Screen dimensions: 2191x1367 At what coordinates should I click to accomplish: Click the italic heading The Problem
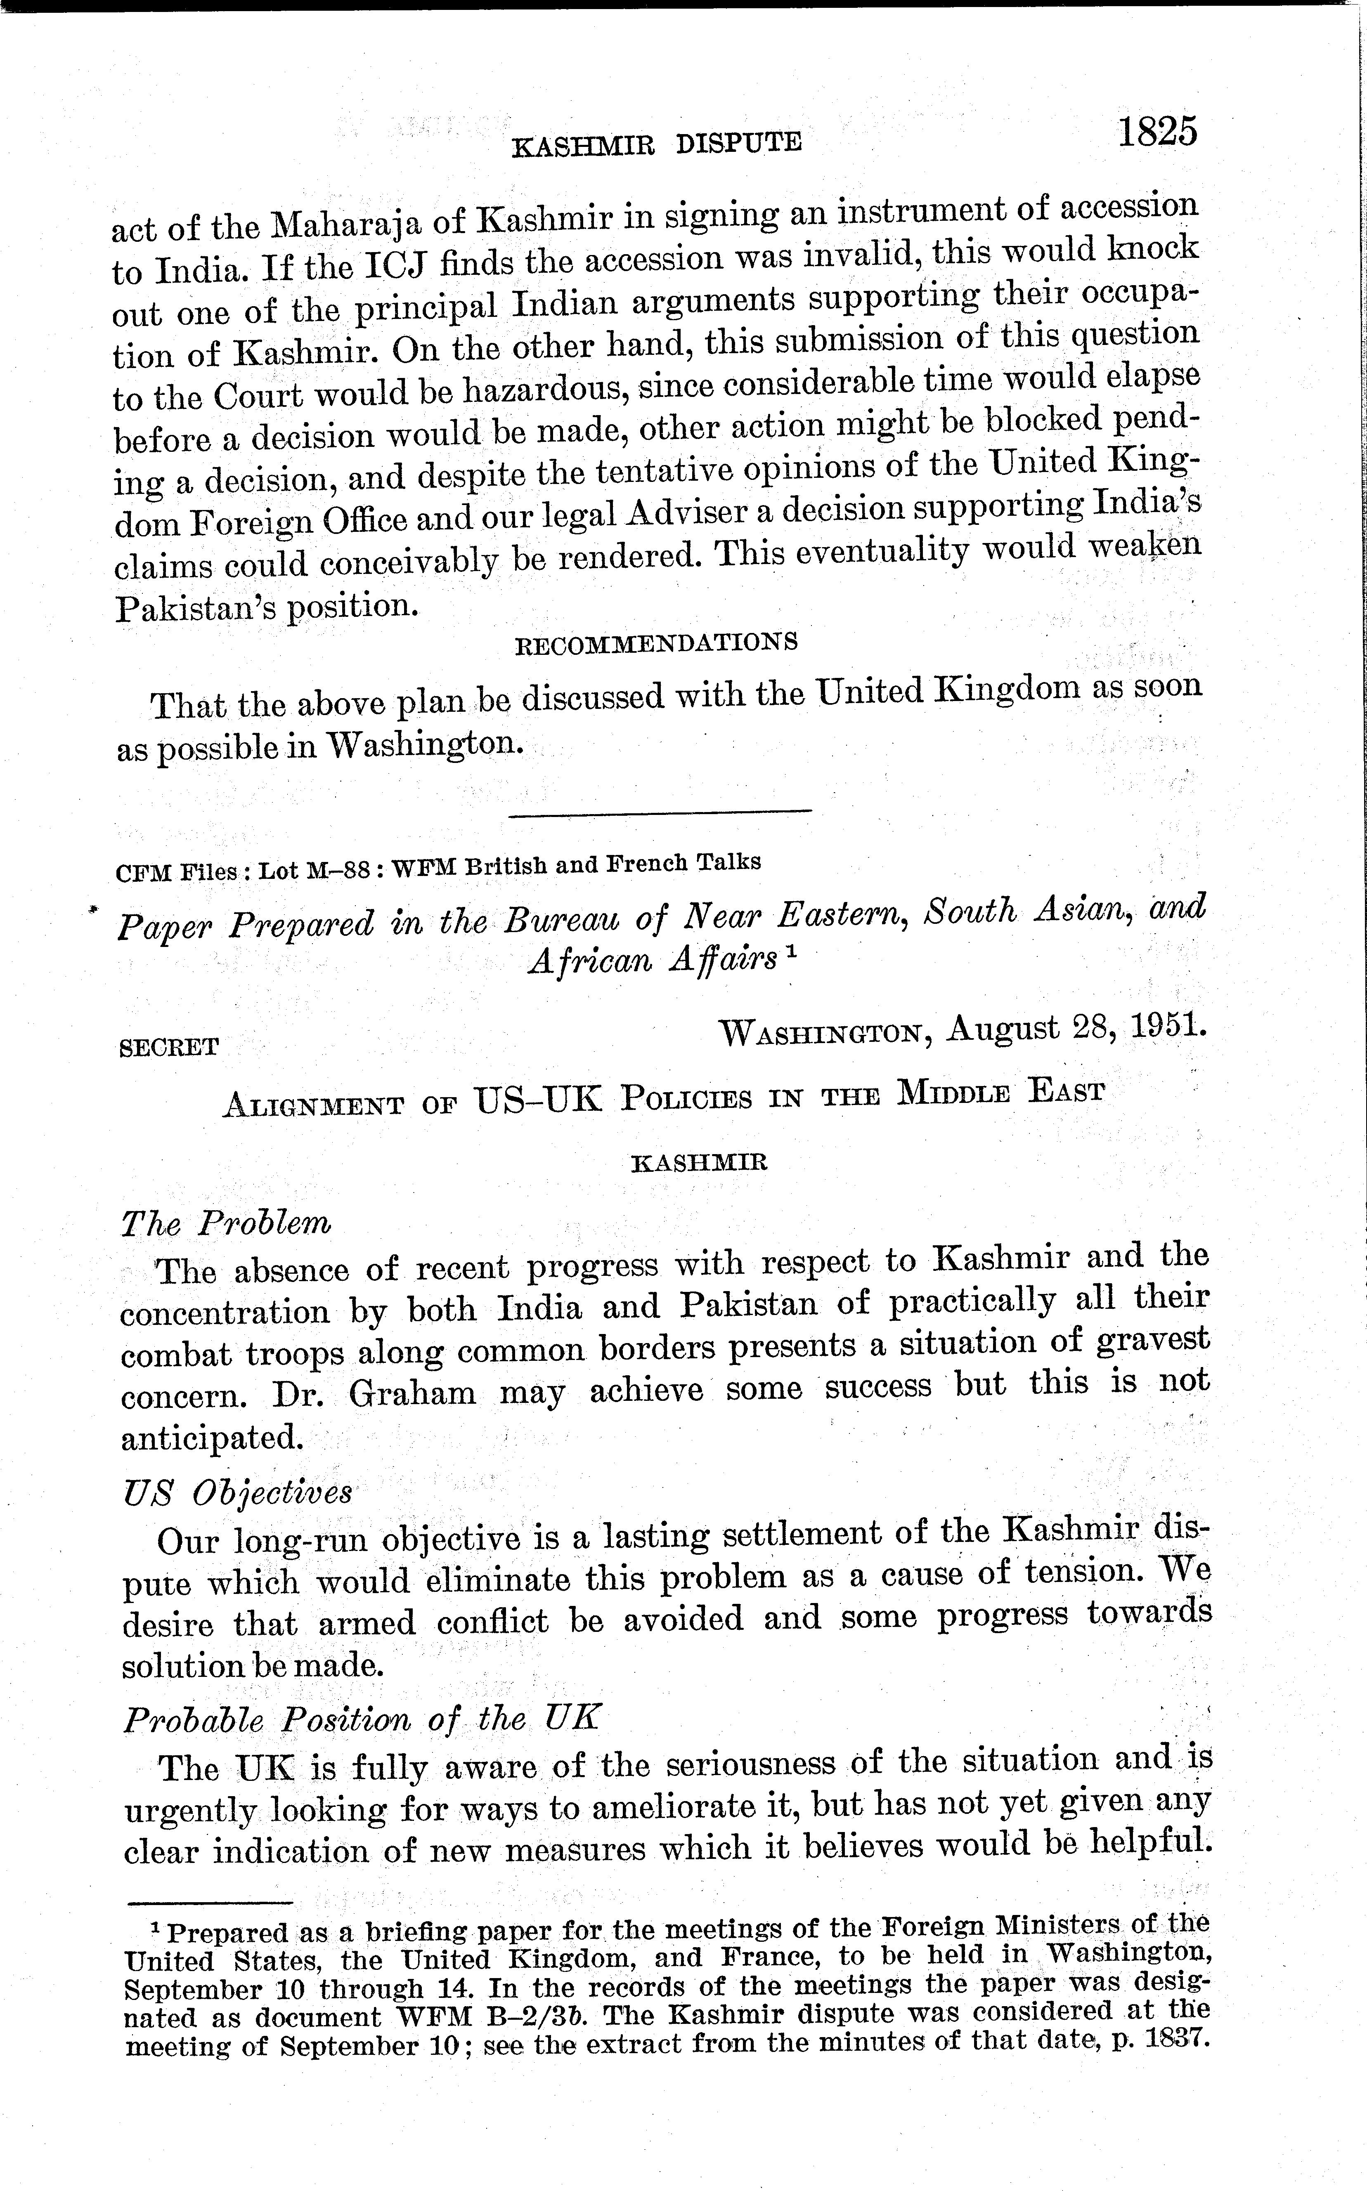coord(226,1224)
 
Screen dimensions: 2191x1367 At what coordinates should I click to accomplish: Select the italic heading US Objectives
coord(237,1492)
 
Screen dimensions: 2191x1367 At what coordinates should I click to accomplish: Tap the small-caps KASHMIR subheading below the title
coord(699,1162)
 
